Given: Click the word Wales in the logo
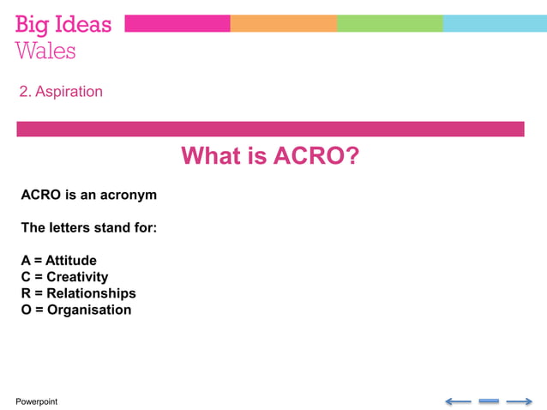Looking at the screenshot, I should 45,51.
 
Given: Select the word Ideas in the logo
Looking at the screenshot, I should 84,24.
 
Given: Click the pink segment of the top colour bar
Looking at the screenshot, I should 177,23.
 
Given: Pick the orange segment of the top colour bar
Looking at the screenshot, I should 283,23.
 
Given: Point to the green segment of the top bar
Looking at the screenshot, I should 389,23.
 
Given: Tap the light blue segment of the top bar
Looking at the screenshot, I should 494,23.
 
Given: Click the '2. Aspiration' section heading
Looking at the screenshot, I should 61,92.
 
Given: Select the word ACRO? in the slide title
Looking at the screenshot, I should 316,156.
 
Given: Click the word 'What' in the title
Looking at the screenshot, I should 211,156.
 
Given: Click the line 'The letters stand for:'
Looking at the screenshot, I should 88,228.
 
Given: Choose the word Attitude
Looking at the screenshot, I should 71,261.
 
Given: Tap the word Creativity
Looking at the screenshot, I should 77,277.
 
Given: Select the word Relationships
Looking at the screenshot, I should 91,293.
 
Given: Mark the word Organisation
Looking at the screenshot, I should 89,310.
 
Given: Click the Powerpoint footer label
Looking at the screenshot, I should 37,401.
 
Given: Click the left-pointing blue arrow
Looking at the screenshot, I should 458,401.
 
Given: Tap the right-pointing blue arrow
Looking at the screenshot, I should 519,401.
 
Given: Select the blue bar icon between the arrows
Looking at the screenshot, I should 489,401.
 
